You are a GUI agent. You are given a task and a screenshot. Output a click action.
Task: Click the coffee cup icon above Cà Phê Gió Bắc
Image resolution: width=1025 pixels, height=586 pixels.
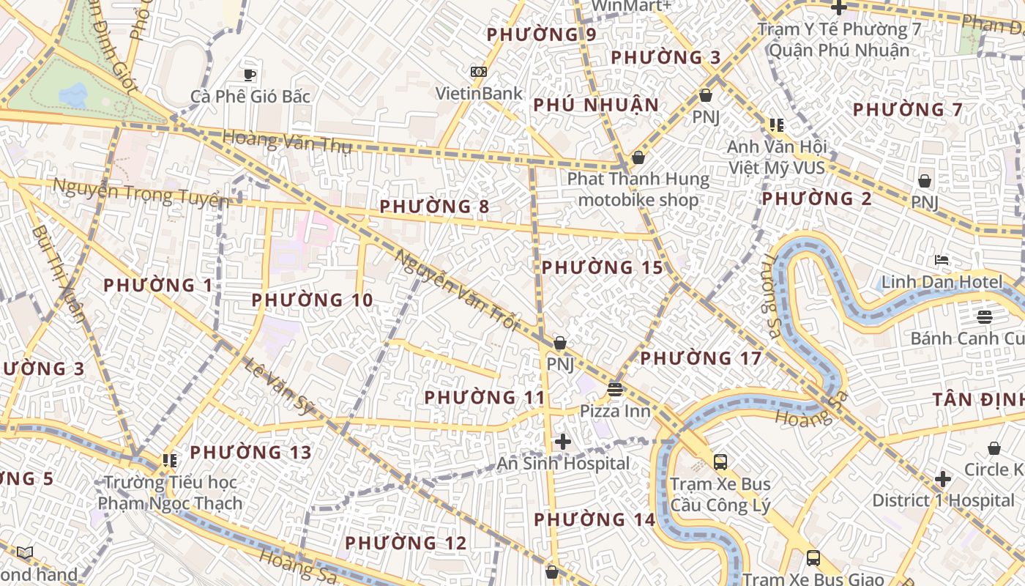coord(250,74)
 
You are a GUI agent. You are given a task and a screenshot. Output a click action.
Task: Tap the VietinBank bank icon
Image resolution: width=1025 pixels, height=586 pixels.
coord(479,72)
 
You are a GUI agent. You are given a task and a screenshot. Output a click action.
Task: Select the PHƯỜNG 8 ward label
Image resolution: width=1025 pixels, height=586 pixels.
coord(434,207)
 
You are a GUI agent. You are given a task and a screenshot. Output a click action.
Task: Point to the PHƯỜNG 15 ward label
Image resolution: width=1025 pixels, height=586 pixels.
coord(602,268)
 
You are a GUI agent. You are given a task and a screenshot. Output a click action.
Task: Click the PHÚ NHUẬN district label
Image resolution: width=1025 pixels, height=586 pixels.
coord(596,105)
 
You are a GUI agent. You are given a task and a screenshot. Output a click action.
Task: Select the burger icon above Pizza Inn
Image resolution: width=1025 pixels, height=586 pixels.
coord(615,389)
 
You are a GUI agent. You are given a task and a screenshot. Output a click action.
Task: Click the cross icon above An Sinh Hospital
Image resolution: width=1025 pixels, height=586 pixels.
coord(562,442)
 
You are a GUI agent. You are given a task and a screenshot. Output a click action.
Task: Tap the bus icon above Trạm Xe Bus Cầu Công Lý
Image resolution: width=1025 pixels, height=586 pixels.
coord(720,462)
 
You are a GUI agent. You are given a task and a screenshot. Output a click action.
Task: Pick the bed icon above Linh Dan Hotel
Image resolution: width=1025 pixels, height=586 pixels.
coord(942,260)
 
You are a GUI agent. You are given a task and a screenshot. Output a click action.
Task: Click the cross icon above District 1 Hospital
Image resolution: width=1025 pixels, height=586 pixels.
coord(943,479)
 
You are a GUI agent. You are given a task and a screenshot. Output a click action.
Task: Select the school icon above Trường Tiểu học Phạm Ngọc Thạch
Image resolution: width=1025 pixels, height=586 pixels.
coord(170,461)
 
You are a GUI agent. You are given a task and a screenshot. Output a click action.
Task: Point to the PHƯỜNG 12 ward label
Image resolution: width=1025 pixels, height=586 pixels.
coord(406,544)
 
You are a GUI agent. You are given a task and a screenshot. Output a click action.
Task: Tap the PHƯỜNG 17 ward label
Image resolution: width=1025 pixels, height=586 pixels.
coord(701,359)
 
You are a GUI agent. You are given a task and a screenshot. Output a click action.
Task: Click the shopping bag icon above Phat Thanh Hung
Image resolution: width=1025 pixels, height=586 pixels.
coord(638,157)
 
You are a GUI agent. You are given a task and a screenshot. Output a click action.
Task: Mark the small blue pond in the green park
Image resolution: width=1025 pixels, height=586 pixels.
coord(73,94)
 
